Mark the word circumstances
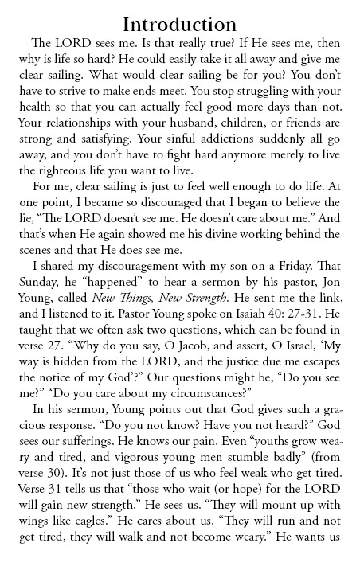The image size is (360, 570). coord(202,373)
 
